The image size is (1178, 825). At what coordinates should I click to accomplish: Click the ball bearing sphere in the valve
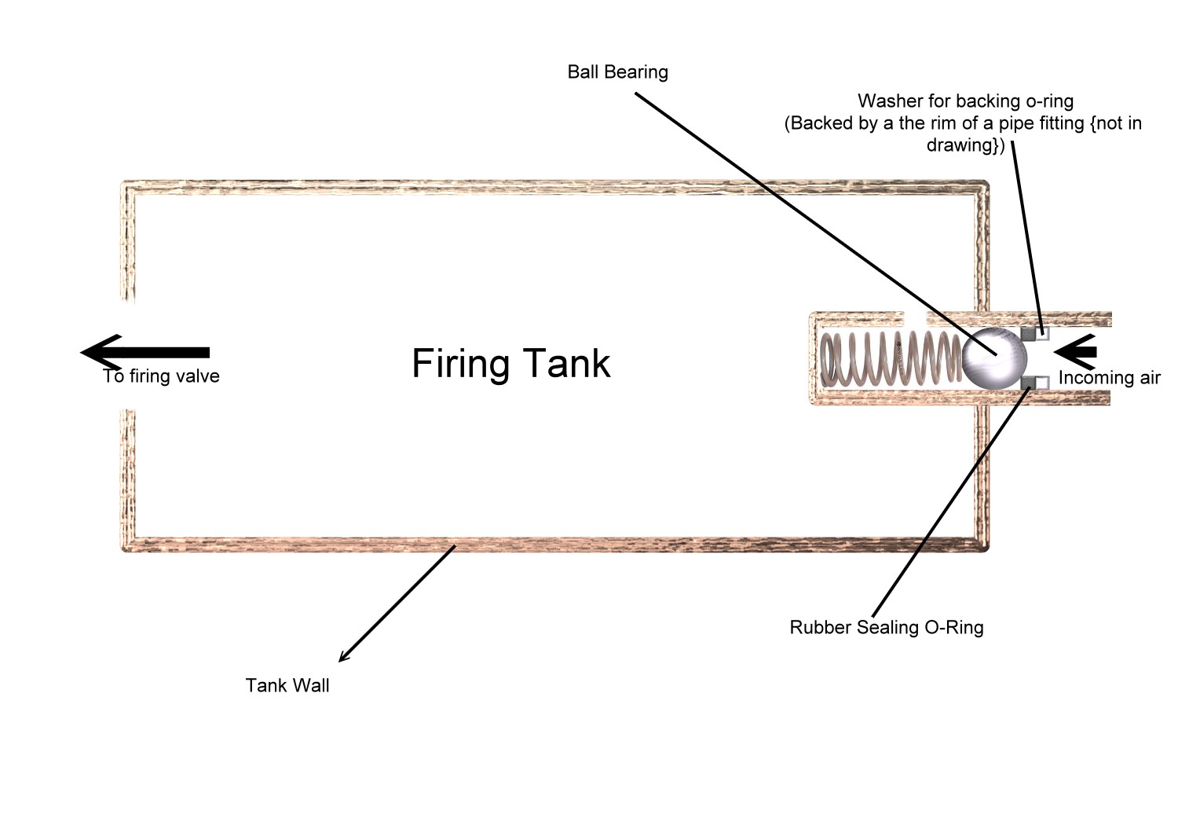point(994,358)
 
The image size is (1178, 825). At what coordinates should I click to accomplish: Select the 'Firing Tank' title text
point(510,364)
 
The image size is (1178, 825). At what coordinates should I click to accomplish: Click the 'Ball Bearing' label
point(617,72)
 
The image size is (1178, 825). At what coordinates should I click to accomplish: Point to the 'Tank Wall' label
point(287,686)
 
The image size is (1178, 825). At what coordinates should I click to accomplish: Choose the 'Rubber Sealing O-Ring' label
point(886,628)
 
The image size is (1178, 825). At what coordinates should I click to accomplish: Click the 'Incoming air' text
point(1109,378)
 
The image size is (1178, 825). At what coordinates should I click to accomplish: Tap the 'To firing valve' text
point(161,376)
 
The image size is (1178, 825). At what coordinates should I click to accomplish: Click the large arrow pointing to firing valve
point(145,352)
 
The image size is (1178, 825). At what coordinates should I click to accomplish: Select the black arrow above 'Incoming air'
point(1074,351)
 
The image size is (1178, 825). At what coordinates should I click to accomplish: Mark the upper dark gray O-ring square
point(1028,334)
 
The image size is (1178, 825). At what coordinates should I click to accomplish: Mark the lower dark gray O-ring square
point(1028,383)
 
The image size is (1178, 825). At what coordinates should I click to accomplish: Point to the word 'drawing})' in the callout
point(965,145)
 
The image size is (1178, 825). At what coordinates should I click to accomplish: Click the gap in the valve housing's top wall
point(916,317)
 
